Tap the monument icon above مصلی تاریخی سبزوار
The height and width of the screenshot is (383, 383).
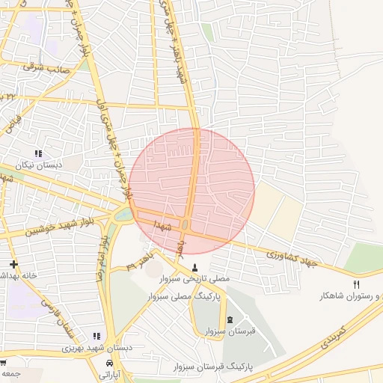(x=196, y=267)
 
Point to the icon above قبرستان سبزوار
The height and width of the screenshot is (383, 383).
(x=229, y=319)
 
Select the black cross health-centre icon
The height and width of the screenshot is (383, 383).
(x=13, y=264)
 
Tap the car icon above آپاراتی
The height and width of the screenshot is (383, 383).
(x=109, y=363)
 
